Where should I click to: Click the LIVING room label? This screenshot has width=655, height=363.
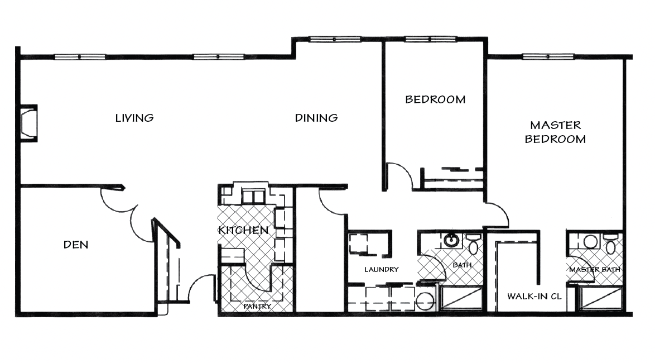[x=134, y=118]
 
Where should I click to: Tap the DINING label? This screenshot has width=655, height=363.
[x=316, y=118]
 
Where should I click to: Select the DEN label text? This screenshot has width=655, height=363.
[x=76, y=245]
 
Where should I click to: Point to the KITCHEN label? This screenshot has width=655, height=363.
[x=243, y=230]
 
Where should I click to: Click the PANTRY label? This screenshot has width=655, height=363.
[x=257, y=307]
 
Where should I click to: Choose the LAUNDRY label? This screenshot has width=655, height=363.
[x=382, y=270]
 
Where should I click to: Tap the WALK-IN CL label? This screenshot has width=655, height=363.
[x=534, y=297]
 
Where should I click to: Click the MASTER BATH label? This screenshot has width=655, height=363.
[x=594, y=270]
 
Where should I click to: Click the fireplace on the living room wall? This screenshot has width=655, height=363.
[x=29, y=123]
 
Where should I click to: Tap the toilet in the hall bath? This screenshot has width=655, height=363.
[x=473, y=245]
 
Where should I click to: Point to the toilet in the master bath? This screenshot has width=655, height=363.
[x=611, y=245]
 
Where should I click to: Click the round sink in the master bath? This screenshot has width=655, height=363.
[x=590, y=241]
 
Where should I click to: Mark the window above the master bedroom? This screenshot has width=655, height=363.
[x=548, y=56]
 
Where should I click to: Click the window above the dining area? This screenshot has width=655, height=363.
[x=335, y=39]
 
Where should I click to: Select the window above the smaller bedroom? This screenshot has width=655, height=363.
[x=430, y=39]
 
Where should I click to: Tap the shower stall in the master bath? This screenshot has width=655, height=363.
[x=601, y=299]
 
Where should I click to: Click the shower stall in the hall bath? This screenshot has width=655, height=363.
[x=461, y=298]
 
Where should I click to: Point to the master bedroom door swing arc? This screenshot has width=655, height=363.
[x=503, y=209]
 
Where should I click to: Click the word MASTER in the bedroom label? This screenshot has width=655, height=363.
[x=556, y=125]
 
